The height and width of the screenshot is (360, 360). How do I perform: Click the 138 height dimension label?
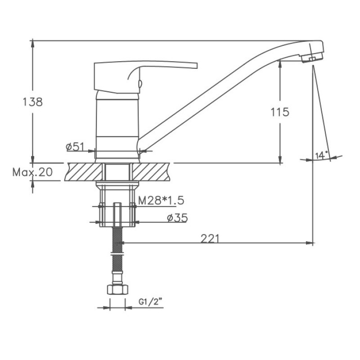32,102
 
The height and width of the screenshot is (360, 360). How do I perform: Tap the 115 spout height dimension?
280,112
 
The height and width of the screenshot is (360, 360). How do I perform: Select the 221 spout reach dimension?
210,238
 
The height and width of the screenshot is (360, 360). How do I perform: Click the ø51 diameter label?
75,147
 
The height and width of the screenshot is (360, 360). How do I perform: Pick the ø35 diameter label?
177,218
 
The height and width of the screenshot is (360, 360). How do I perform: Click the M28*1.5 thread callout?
161,201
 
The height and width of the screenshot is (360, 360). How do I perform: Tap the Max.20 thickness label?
32,172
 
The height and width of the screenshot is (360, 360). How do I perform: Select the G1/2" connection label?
150,302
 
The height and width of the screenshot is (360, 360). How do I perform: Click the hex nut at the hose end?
117,289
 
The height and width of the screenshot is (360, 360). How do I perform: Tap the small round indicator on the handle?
139,83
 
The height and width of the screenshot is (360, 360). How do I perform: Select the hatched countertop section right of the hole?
150,172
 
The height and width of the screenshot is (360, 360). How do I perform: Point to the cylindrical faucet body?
117,126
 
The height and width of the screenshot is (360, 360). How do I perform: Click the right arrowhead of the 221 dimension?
310,243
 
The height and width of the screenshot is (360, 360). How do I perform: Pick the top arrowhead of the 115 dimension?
280,63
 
